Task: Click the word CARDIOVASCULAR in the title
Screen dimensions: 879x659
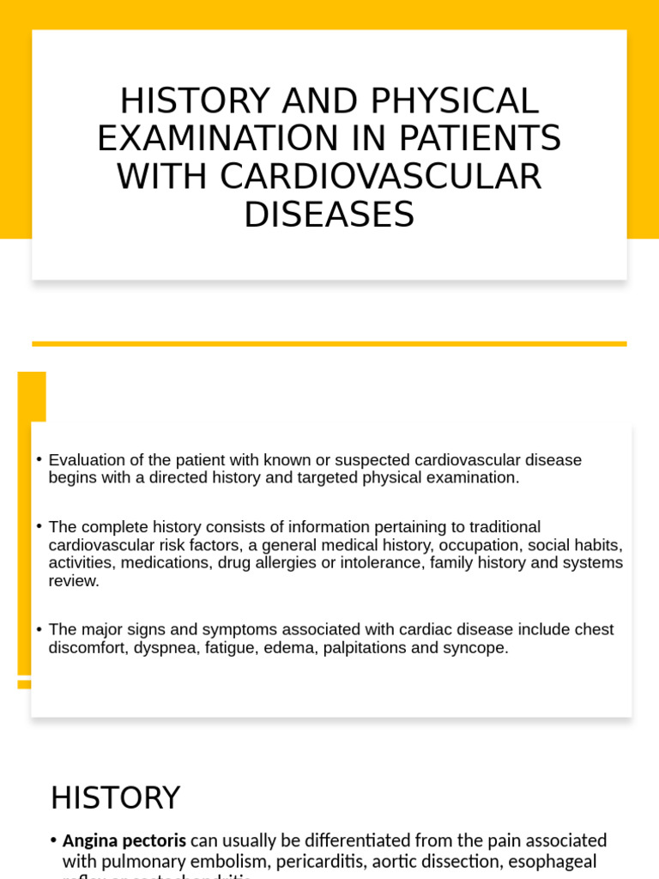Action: [380, 177]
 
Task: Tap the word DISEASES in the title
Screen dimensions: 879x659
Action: [329, 215]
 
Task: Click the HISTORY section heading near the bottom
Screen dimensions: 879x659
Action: [115, 797]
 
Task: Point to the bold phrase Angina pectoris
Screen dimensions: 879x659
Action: [124, 840]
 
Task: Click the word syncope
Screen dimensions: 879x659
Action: [475, 648]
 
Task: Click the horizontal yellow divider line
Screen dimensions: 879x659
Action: [329, 343]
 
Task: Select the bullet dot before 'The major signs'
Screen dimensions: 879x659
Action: [39, 629]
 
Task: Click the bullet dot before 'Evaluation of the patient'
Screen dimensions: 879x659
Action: [39, 459]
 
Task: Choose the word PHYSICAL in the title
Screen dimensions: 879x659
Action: [454, 101]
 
